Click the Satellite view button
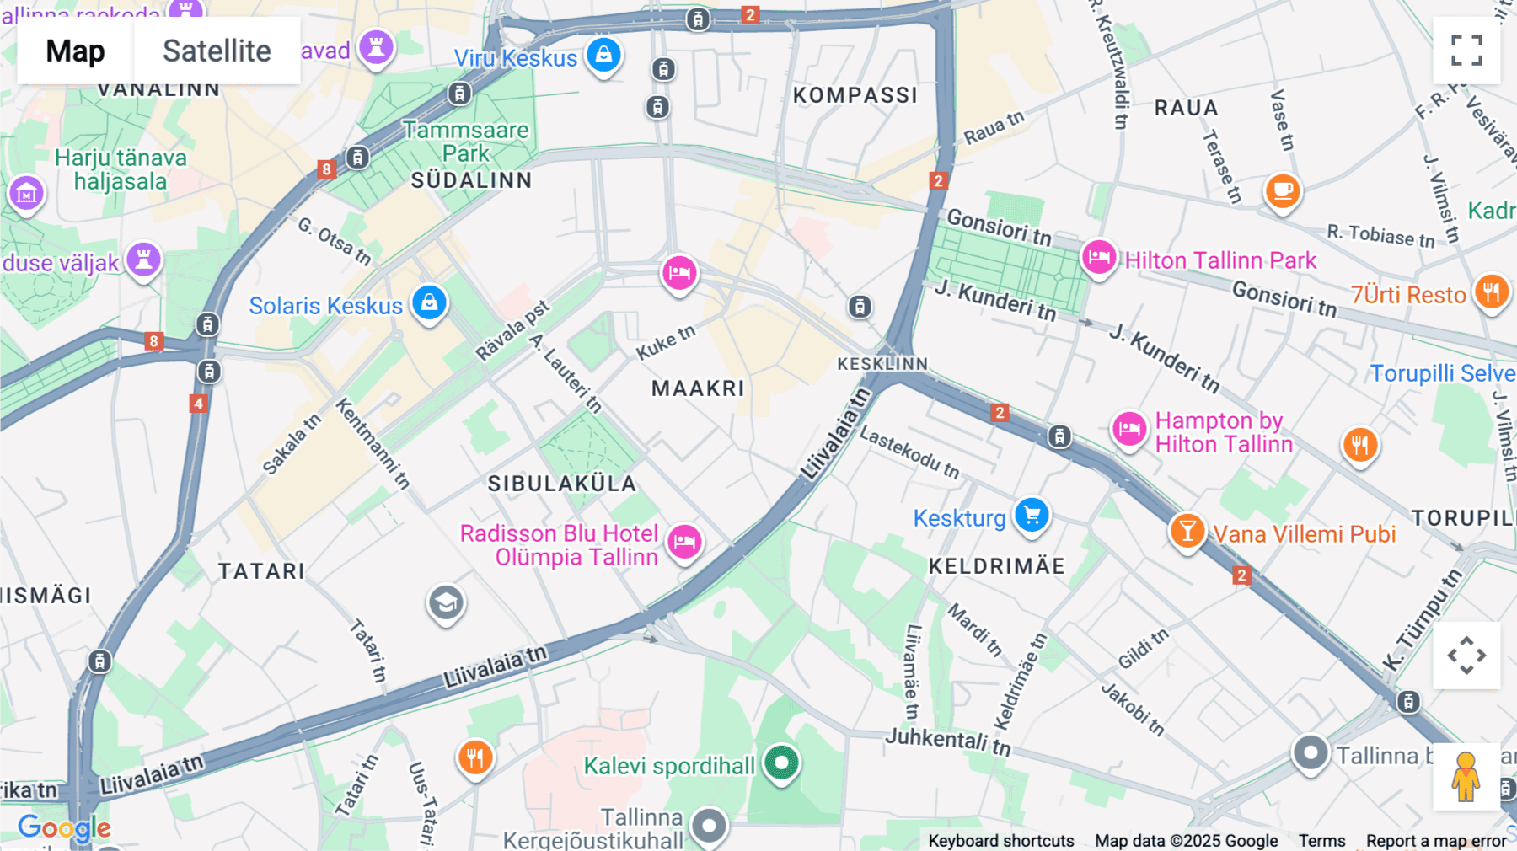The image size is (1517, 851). click(x=217, y=51)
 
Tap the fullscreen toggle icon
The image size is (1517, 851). click(x=1466, y=51)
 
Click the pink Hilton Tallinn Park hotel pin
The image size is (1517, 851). click(x=1099, y=257)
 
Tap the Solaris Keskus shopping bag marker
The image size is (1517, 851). click(x=429, y=302)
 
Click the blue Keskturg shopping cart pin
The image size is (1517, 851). click(x=1032, y=514)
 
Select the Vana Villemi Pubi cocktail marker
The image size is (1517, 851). click(x=1187, y=531)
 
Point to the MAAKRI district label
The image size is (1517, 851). click(x=698, y=388)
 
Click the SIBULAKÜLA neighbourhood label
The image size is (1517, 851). click(x=562, y=484)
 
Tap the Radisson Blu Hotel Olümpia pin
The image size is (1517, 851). click(x=684, y=541)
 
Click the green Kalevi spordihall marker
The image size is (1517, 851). click(x=781, y=763)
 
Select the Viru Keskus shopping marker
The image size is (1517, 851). click(x=603, y=55)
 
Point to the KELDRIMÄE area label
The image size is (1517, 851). click(x=996, y=566)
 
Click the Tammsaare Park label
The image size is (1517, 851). click(x=466, y=142)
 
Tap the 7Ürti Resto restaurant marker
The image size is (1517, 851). click(x=1491, y=292)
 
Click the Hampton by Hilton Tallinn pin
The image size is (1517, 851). click(x=1128, y=429)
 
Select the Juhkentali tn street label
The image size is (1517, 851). click(x=947, y=741)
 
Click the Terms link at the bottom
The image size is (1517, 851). click(x=1321, y=840)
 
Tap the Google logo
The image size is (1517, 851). click(x=64, y=827)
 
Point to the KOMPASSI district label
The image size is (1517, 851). click(x=855, y=95)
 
